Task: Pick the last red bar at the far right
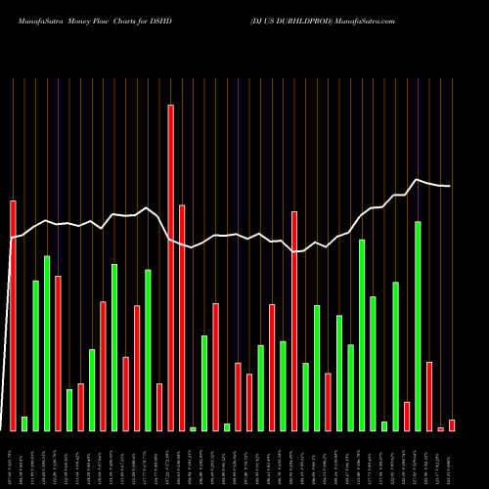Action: pos(452,424)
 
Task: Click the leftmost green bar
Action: pos(24,422)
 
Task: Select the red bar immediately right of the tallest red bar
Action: pos(182,317)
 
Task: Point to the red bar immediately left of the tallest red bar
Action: pos(159,406)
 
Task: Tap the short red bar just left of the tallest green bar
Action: pos(407,416)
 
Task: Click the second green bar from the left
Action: pos(36,355)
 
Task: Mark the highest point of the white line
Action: pos(418,180)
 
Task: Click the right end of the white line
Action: pos(451,186)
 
